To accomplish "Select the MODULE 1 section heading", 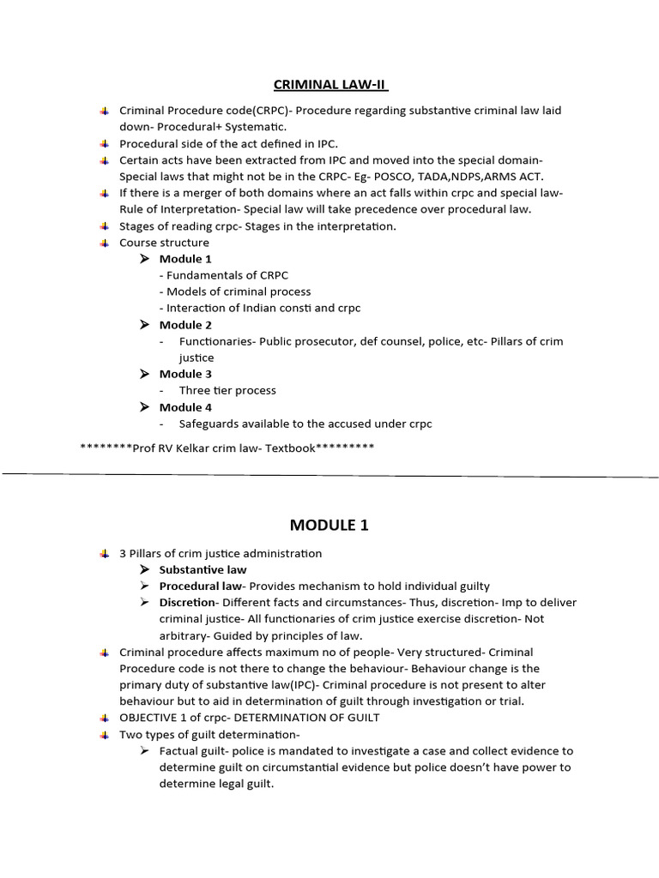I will click(x=329, y=525).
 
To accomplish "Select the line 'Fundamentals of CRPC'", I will click(x=224, y=275).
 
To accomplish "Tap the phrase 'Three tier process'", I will click(x=227, y=390).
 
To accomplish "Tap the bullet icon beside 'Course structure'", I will click(x=104, y=243).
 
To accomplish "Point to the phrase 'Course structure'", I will click(x=164, y=243).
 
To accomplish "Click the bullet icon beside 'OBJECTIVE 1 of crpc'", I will click(x=104, y=718).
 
